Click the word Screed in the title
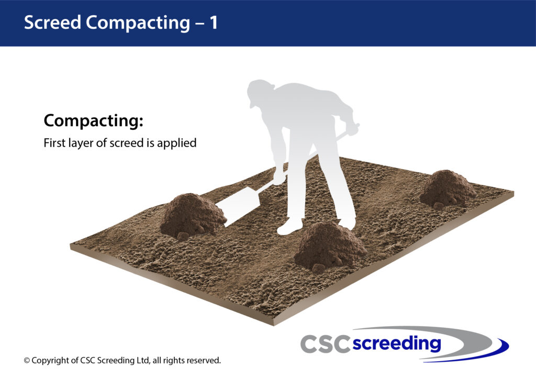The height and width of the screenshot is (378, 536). point(52,23)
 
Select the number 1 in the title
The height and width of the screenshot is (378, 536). point(214,23)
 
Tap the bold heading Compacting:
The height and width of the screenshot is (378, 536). point(93,121)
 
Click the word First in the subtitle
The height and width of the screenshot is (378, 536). point(54,142)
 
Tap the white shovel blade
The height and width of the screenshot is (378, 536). point(238,206)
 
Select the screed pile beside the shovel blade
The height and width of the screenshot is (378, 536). point(193,216)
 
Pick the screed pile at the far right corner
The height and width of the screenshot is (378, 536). point(447,189)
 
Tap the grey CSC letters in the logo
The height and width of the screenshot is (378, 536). point(325,344)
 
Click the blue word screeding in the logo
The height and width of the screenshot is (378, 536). point(397,343)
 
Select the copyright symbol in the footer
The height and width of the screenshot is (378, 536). point(27,361)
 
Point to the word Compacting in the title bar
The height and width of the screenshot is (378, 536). point(138,23)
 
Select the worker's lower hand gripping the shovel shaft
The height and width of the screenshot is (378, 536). point(278,176)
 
